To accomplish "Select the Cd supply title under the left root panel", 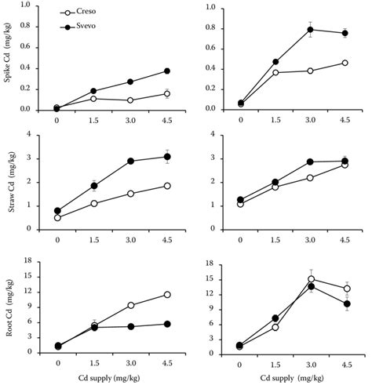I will point(112,379).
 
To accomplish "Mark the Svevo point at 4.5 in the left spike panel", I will point(166,71).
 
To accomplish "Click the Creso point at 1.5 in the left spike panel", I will point(93,99).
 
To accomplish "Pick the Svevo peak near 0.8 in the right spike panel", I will point(310,30).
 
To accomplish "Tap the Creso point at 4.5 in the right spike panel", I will point(345,63).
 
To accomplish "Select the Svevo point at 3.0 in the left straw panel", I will point(130,161).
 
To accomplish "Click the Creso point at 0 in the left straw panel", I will point(57,218).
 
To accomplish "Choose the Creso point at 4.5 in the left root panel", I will point(166,294).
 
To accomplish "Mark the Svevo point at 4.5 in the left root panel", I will point(166,324).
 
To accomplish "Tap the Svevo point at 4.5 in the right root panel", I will point(345,303).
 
